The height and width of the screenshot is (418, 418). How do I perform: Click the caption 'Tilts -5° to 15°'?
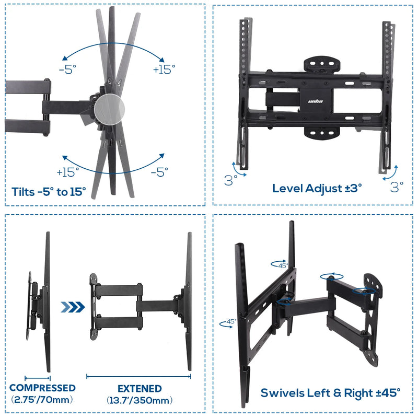49,192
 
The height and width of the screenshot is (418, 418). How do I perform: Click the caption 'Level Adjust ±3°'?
317,188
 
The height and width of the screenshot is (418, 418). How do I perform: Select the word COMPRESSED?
42,388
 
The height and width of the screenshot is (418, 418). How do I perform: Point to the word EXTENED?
140,389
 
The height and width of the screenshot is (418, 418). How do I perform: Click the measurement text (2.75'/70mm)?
42,400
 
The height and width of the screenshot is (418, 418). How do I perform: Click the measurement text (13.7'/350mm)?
140,401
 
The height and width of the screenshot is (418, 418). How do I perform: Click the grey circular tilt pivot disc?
110,109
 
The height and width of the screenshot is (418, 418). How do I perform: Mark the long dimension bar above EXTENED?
138,376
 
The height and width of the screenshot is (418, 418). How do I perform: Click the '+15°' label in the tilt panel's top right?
164,69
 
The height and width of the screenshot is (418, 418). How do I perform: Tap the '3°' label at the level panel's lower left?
231,181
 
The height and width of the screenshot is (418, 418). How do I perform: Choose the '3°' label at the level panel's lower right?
397,187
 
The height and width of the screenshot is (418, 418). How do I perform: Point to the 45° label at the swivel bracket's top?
283,265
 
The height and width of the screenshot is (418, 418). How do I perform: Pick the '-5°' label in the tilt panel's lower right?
159,171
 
